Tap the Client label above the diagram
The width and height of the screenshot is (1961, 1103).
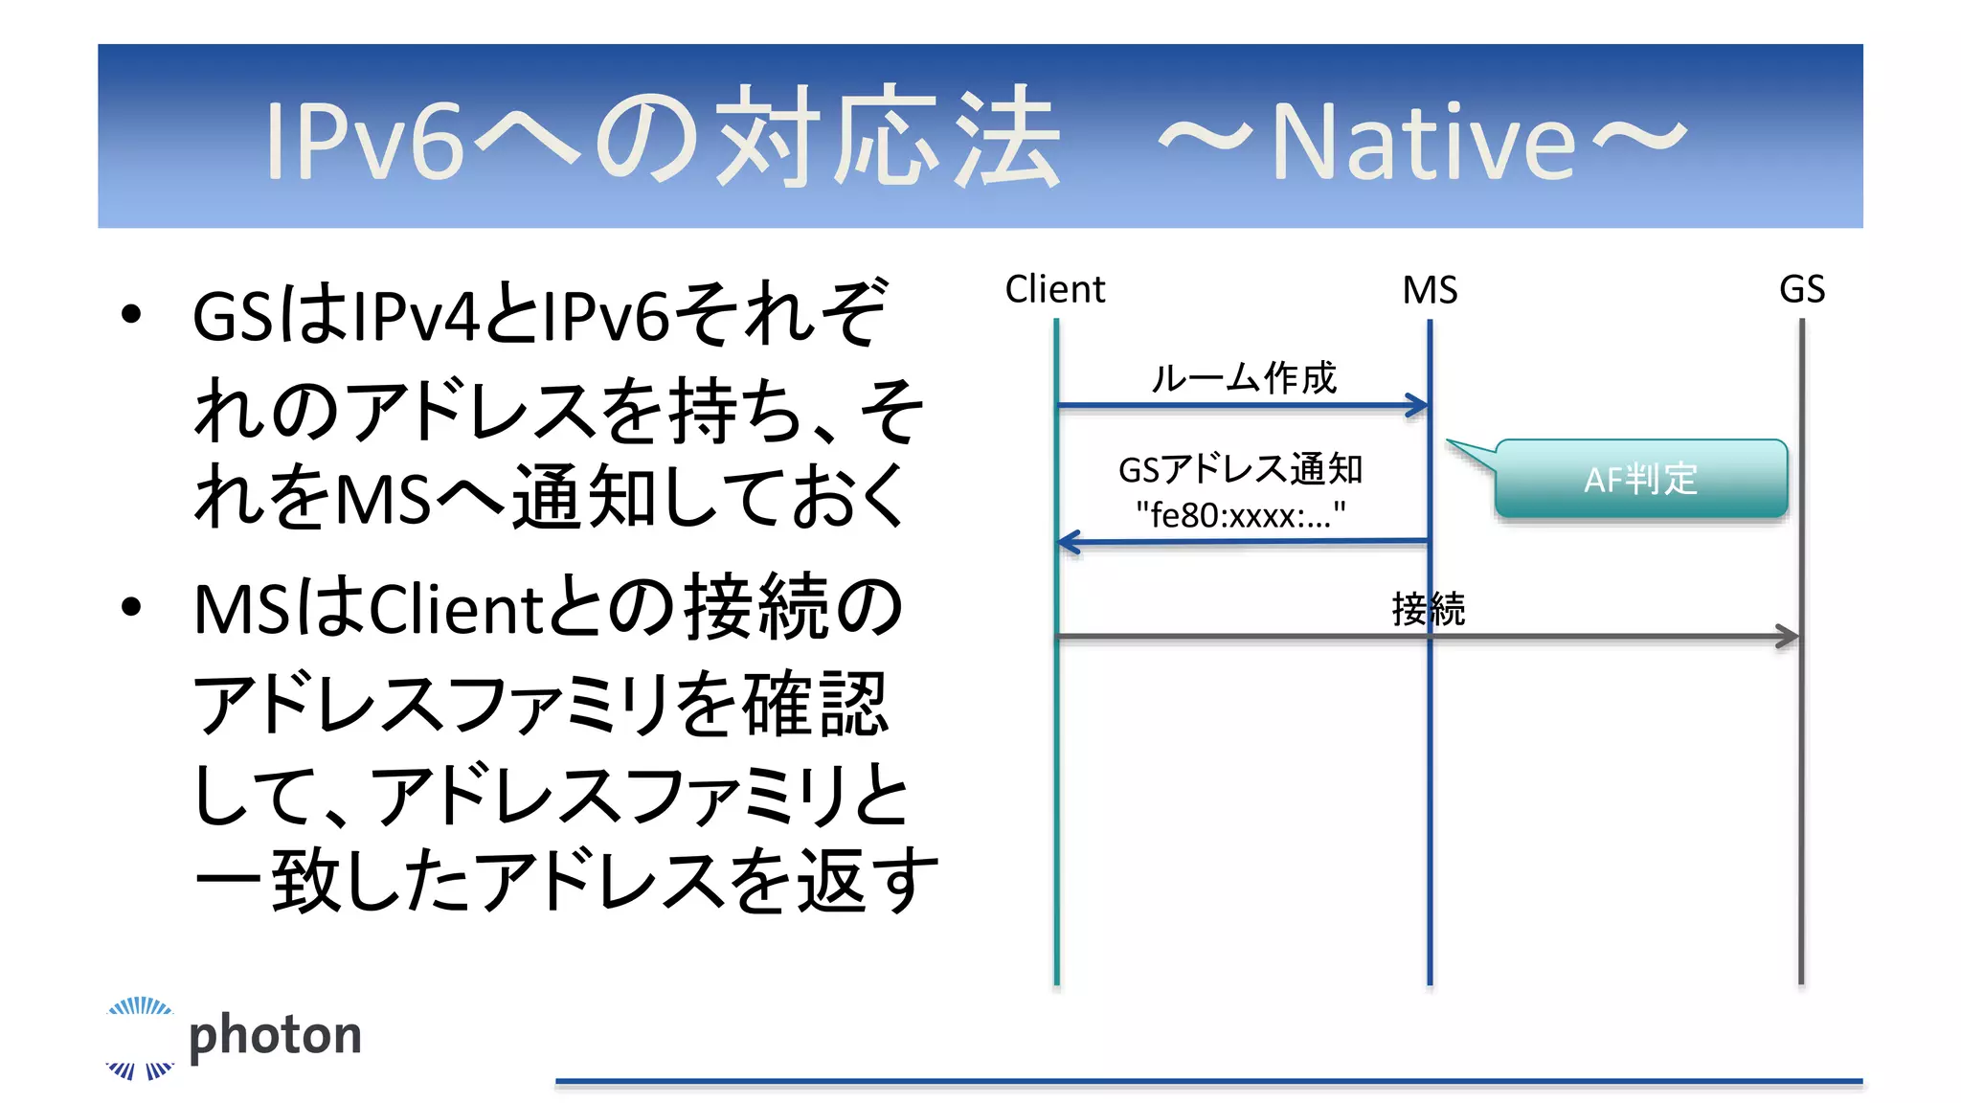(1054, 289)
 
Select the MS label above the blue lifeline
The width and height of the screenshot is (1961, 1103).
(1430, 290)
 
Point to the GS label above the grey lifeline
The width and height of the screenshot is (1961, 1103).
(1801, 289)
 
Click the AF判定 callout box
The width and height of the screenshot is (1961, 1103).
(1640, 479)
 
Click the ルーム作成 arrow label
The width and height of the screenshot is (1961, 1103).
(1243, 377)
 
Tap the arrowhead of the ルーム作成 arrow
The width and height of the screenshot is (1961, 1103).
(1418, 406)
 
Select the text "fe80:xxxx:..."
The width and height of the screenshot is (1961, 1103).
(1240, 515)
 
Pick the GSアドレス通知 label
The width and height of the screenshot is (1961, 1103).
(1240, 469)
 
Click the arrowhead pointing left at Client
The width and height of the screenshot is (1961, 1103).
(1069, 543)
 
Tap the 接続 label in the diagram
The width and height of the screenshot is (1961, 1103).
(1428, 609)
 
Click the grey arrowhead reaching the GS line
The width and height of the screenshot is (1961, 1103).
(1788, 636)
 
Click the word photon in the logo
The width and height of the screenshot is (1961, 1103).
(276, 1035)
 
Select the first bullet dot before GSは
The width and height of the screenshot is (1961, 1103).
(132, 314)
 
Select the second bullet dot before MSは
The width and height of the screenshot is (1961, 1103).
(132, 606)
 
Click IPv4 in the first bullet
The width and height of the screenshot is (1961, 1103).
(417, 316)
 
